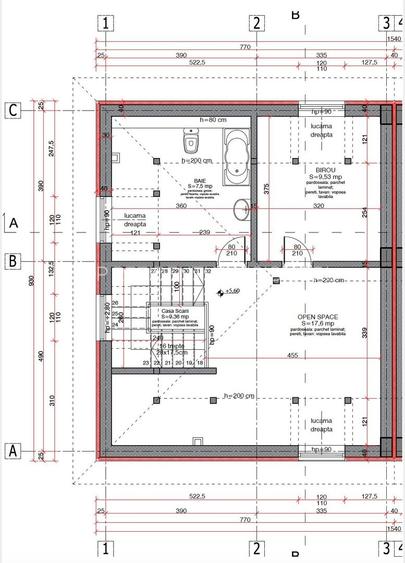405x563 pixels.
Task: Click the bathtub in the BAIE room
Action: [x=236, y=155]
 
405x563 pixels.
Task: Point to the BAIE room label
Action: [x=200, y=181]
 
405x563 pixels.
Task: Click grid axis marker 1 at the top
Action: [x=107, y=22]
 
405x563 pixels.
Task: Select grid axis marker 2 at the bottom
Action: [x=256, y=547]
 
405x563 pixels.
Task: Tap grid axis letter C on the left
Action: [x=13, y=110]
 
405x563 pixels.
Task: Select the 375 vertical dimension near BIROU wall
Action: [x=265, y=187]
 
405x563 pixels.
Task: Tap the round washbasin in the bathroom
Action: [x=238, y=208]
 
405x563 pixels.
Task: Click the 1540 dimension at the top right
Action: [x=393, y=38]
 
